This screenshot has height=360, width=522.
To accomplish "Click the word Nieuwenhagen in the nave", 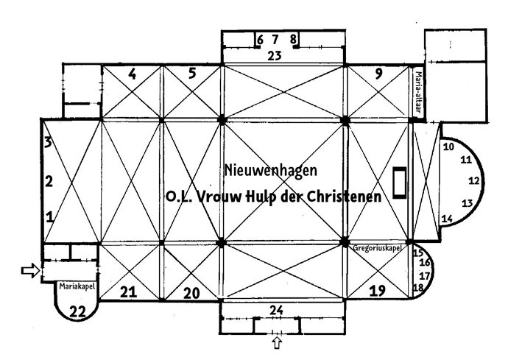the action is [x=271, y=171].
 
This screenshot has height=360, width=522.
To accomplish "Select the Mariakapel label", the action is [x=77, y=286].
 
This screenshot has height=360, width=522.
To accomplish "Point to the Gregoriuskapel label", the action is [x=377, y=248].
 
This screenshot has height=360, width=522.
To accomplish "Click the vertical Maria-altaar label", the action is [x=418, y=92].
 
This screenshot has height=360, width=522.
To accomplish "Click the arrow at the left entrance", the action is [x=31, y=270].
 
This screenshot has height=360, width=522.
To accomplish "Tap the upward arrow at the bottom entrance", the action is [x=277, y=342].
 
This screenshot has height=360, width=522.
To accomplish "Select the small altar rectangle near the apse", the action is [x=400, y=183].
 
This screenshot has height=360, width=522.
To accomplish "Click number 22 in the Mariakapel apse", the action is [x=77, y=312].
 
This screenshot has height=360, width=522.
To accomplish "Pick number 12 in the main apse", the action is [x=474, y=181].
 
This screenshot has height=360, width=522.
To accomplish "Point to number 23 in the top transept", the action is [x=275, y=56].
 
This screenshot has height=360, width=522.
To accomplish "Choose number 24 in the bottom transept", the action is [x=277, y=311].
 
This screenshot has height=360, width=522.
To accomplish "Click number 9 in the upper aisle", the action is [x=378, y=74].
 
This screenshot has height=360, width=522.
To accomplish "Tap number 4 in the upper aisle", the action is [x=133, y=74].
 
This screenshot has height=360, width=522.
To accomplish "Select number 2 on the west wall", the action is [x=49, y=182].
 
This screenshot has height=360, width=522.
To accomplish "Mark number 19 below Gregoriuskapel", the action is [x=378, y=291].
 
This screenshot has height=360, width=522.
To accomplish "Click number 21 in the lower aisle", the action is [x=129, y=292].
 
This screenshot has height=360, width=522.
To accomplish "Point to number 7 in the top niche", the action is [x=275, y=40].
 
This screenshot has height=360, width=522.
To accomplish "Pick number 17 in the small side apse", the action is [x=425, y=276].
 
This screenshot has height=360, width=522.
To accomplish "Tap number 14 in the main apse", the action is [x=448, y=219].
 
